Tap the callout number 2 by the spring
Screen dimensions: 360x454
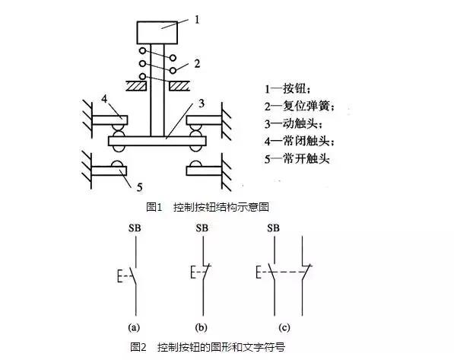point(197,64)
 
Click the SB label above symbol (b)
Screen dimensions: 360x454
point(202,227)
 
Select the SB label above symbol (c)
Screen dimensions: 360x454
point(273,227)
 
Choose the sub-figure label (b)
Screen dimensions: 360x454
point(202,328)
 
